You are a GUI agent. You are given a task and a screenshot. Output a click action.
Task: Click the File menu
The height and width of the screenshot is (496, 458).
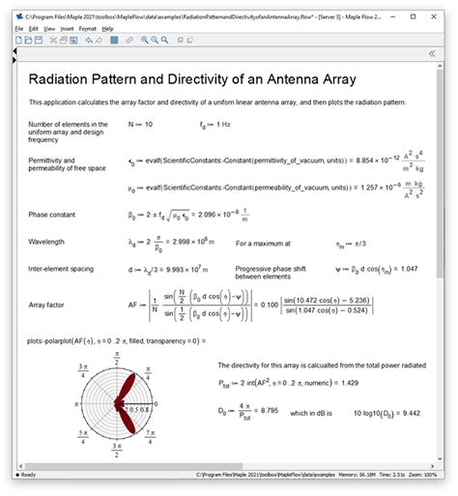[19, 29]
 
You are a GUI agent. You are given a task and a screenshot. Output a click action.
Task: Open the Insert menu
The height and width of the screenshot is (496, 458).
[66, 29]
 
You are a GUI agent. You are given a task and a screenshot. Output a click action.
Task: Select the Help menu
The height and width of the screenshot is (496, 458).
[107, 29]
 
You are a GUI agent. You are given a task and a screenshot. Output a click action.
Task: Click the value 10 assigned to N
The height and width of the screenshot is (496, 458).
[148, 125]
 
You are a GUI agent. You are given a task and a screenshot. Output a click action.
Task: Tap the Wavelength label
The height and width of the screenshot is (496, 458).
[48, 242]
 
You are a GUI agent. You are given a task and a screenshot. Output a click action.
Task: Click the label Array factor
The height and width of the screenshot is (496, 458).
[47, 305]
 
